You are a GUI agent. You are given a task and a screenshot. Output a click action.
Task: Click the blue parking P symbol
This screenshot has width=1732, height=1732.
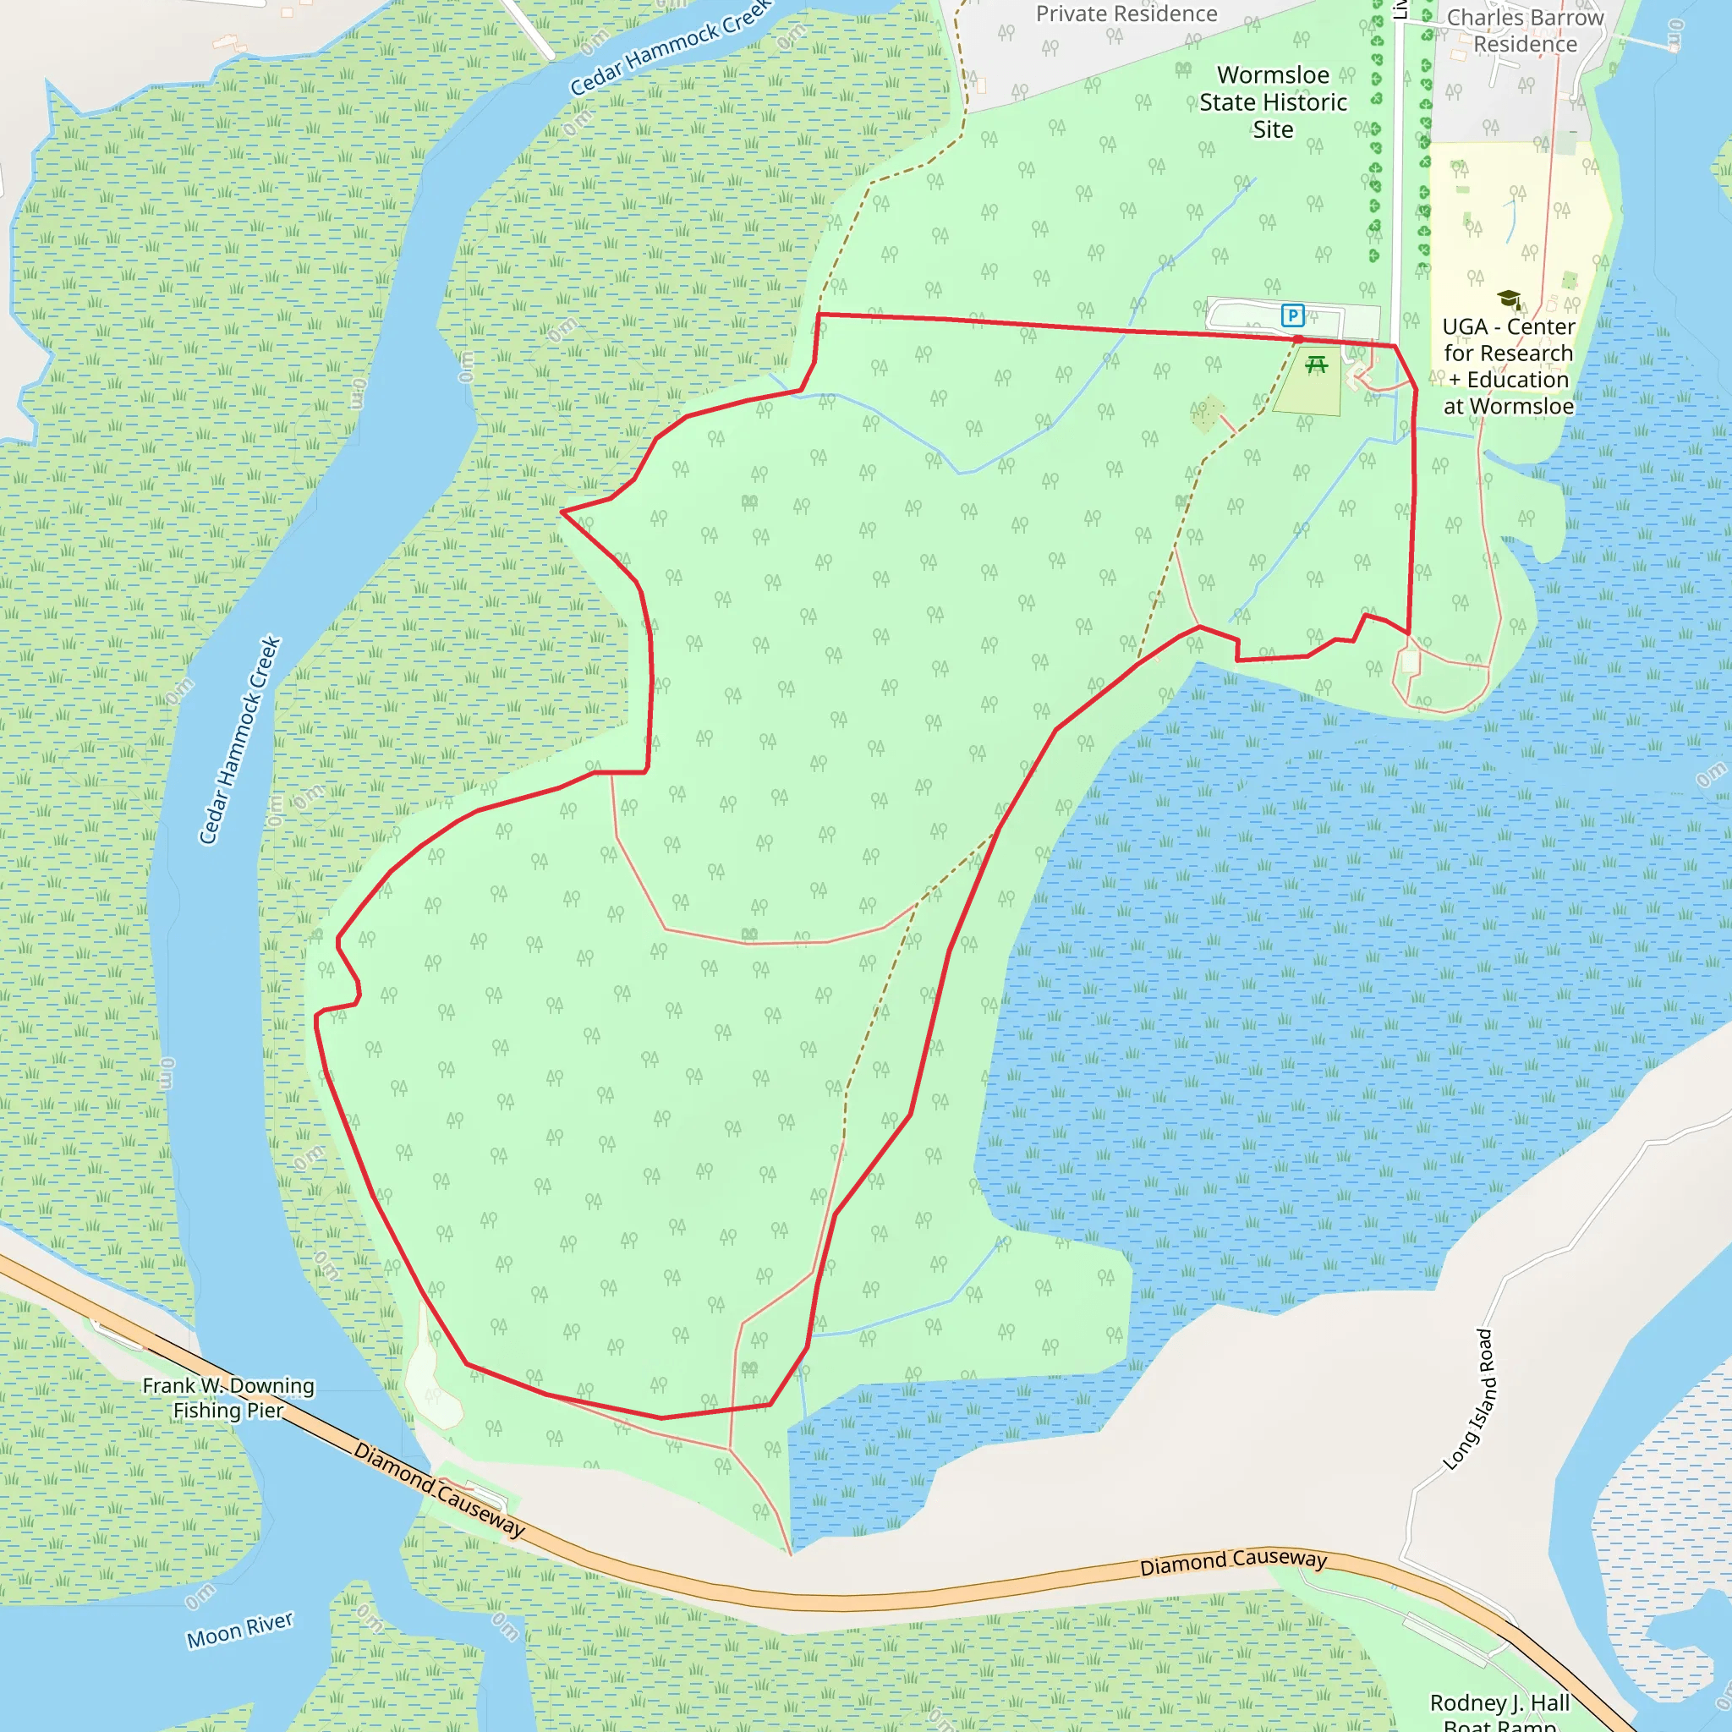pyautogui.click(x=1292, y=315)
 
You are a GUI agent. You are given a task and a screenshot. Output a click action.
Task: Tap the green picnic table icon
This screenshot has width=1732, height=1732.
pyautogui.click(x=1316, y=364)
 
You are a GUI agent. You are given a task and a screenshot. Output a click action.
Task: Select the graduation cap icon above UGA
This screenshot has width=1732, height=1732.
pyautogui.click(x=1509, y=299)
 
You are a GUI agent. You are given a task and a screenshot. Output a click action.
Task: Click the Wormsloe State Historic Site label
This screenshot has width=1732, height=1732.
pyautogui.click(x=1273, y=102)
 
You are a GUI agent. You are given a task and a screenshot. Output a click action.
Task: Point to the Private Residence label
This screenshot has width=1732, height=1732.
pyautogui.click(x=1126, y=14)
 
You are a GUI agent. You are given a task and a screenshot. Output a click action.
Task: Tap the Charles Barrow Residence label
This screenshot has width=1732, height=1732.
pyautogui.click(x=1525, y=30)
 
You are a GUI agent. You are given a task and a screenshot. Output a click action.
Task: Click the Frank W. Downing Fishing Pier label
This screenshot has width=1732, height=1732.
pyautogui.click(x=228, y=1398)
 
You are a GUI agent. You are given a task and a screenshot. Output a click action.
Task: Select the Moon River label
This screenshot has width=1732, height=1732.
pyautogui.click(x=239, y=1630)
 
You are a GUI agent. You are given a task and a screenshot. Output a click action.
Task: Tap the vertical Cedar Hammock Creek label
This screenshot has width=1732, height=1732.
pyautogui.click(x=239, y=741)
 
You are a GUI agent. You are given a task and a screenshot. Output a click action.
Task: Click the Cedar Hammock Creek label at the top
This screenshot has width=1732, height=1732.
pyautogui.click(x=671, y=47)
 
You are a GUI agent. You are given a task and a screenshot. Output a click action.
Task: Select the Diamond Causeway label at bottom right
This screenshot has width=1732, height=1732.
pyautogui.click(x=1233, y=1562)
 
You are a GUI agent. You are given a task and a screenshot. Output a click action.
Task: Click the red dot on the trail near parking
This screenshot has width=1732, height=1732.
pyautogui.click(x=1298, y=340)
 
